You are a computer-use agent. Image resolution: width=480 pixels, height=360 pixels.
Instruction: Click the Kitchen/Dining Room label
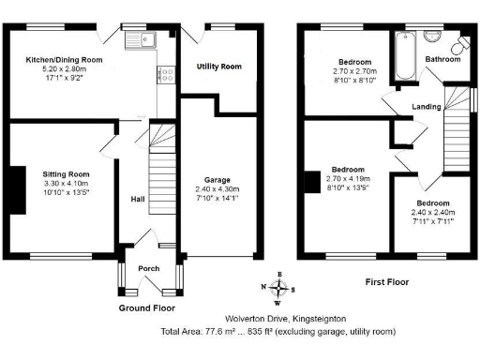[x=64, y=59]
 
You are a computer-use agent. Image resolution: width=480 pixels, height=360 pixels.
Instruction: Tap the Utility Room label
[x=218, y=67]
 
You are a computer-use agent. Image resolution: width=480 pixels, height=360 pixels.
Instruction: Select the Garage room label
[x=217, y=179]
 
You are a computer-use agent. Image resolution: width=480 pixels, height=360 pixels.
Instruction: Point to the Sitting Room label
[x=66, y=174]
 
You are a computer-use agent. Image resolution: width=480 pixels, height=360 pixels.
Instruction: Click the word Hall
[x=137, y=199]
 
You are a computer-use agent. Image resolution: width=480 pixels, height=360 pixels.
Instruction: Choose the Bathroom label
[x=442, y=59]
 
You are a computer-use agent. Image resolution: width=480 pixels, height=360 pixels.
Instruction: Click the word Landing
[x=427, y=107]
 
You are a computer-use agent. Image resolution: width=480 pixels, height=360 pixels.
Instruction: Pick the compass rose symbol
[x=278, y=289]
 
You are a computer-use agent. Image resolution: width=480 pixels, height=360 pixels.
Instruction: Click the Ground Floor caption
[x=147, y=307]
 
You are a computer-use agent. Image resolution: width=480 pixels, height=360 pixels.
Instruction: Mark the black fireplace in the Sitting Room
[x=16, y=190]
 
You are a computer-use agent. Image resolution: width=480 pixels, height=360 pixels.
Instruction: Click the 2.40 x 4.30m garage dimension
[x=217, y=187]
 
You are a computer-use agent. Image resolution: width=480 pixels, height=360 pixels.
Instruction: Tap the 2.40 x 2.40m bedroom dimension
[x=433, y=213]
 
